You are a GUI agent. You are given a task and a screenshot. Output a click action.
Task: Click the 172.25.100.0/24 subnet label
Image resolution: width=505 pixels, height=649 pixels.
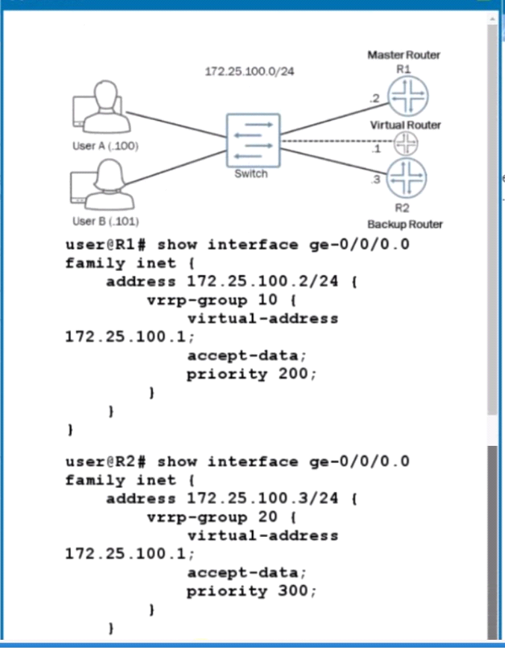coord(249,71)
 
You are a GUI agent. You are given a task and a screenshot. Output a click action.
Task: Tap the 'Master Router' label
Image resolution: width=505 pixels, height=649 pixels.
coord(403,55)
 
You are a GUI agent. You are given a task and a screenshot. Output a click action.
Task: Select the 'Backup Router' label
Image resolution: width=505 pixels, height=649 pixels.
coord(405,224)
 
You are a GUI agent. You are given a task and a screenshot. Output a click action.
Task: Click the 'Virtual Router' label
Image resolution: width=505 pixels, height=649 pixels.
coord(405,125)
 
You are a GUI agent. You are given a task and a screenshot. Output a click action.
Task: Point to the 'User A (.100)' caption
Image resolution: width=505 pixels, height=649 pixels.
coord(105,146)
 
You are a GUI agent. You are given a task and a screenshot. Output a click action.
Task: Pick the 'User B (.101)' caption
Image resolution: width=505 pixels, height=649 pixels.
coord(105,222)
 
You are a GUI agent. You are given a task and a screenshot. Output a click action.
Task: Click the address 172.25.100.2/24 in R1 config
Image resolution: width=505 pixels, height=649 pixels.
coord(262,282)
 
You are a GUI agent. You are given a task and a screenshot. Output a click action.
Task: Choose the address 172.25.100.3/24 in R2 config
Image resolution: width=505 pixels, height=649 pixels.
coord(262,499)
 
